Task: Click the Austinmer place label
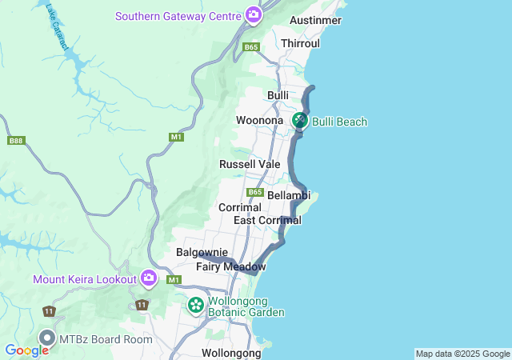[x=317, y=19]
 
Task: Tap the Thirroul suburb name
[x=301, y=42]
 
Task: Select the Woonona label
[x=260, y=121]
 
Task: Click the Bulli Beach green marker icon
[x=299, y=121]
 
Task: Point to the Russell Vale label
[x=250, y=164]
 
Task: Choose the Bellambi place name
[x=288, y=195]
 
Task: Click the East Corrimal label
[x=267, y=220]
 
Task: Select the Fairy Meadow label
[x=231, y=266]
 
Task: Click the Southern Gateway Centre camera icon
[x=254, y=15]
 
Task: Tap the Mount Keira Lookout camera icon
[x=148, y=278]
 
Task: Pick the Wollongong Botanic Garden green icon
[x=195, y=305]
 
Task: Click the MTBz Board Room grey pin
[x=47, y=338]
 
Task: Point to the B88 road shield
[x=15, y=141]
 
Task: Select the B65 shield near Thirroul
[x=252, y=48]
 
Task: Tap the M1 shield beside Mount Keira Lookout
[x=174, y=280]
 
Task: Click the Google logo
[x=26, y=350]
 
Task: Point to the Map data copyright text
[x=462, y=354]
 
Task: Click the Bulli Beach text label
[x=339, y=122]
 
